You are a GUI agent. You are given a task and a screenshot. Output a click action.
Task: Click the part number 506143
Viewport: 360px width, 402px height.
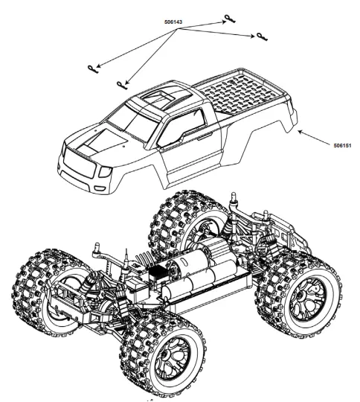tap(173, 22)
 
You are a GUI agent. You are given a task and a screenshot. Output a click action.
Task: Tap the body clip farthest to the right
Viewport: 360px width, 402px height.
tap(261, 37)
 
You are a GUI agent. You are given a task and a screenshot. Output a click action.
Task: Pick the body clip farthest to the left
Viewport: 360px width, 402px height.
tap(92, 69)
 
